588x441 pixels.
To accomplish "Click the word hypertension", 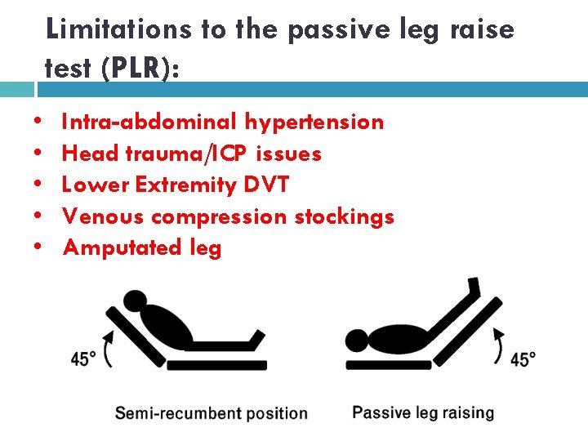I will pyautogui.click(x=314, y=122).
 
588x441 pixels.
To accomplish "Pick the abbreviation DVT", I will pyautogui.click(x=266, y=185).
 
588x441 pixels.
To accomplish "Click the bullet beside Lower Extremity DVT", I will pyautogui.click(x=40, y=185).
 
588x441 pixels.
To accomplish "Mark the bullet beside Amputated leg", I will pyautogui.click(x=40, y=247).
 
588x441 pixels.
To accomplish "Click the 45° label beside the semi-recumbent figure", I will pyautogui.click(x=83, y=359).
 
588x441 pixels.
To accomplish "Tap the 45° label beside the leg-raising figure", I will pyautogui.click(x=523, y=359).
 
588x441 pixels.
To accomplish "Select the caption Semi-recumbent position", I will pyautogui.click(x=211, y=413).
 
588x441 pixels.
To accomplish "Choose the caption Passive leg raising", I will pyautogui.click(x=423, y=412).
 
